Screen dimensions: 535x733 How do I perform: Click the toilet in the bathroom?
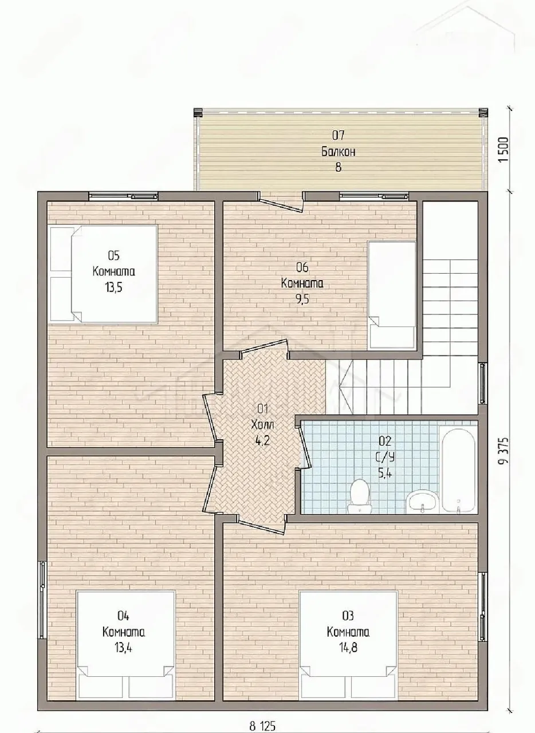(x=359, y=496)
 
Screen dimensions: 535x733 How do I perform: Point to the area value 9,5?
(x=302, y=299)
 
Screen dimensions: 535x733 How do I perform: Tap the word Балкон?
(x=338, y=152)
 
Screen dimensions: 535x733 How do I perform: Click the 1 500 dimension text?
(x=504, y=149)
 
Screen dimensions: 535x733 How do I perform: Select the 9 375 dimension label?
(x=504, y=450)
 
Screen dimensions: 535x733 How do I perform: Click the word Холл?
(x=262, y=425)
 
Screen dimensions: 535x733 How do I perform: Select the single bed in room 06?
(x=392, y=294)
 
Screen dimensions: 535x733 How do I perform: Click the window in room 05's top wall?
(x=123, y=196)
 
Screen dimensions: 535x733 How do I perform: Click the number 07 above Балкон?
(x=338, y=135)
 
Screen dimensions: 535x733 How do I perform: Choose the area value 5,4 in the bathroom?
(x=385, y=473)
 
